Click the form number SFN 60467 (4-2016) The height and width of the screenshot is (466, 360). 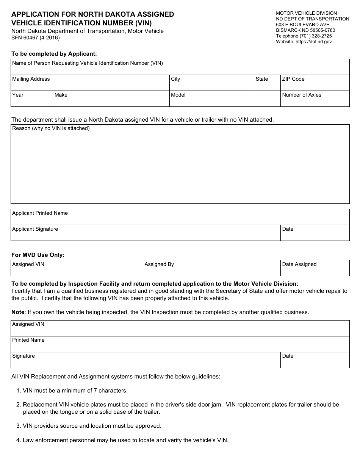(x=35, y=38)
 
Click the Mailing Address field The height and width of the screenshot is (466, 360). (x=90, y=83)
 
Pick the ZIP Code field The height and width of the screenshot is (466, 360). (x=315, y=83)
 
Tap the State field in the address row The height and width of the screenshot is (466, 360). (x=267, y=83)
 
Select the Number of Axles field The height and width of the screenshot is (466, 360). (x=315, y=99)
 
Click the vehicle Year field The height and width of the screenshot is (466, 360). (x=31, y=99)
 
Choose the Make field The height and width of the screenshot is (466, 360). (x=111, y=99)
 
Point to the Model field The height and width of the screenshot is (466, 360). (x=224, y=99)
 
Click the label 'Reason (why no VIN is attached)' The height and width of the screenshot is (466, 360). (x=51, y=128)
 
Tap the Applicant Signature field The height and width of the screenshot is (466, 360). (x=146, y=233)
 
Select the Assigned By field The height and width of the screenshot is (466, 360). (x=211, y=268)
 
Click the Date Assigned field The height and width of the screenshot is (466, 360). (x=315, y=268)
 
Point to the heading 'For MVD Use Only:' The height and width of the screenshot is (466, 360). (x=38, y=255)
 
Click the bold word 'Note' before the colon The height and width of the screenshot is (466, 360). (x=18, y=312)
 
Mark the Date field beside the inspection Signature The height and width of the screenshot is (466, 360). (x=315, y=360)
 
